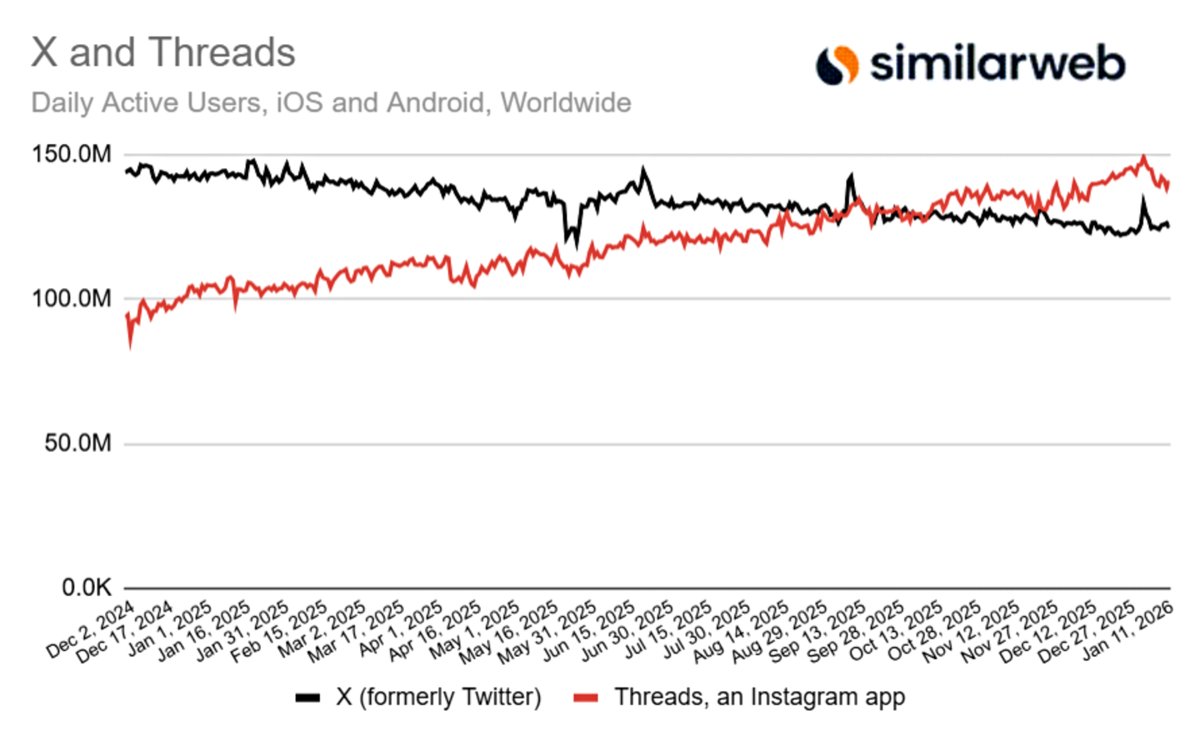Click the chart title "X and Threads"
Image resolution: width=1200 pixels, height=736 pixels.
tap(163, 52)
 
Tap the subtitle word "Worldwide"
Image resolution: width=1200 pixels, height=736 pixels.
tap(566, 102)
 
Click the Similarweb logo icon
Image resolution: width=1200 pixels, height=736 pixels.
tap(837, 65)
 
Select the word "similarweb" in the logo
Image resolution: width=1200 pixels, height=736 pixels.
tap(997, 64)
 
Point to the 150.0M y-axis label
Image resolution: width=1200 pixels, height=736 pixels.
tap(72, 154)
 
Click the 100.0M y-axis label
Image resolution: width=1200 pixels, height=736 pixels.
tap(72, 298)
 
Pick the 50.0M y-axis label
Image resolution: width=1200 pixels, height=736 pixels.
tap(77, 443)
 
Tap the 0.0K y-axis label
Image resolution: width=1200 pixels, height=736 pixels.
tap(86, 588)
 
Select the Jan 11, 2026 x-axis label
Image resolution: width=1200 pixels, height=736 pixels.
tap(1128, 630)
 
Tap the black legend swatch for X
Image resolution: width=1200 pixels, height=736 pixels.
tap(307, 698)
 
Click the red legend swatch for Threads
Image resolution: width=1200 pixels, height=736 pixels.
tap(586, 698)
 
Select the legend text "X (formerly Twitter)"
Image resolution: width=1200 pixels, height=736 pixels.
tap(438, 697)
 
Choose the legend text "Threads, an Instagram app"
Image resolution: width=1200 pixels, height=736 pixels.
tap(759, 697)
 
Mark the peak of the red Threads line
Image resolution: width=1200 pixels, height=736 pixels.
tap(1143, 157)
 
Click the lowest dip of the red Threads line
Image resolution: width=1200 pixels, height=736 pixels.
tap(130, 346)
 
